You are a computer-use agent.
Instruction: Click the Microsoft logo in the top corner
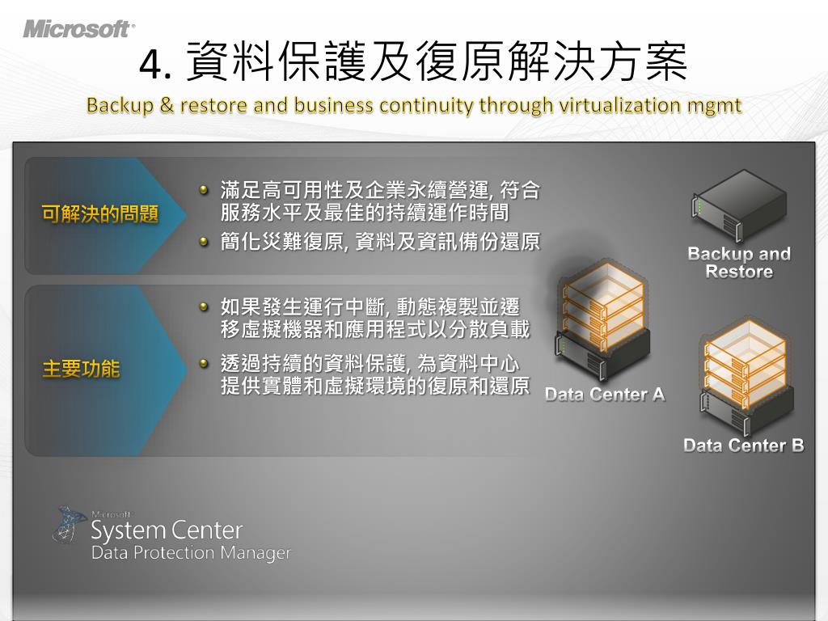(x=78, y=29)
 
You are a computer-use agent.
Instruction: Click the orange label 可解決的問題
(x=99, y=215)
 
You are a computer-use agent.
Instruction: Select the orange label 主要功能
(x=81, y=370)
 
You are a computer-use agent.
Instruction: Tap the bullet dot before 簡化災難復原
(x=205, y=241)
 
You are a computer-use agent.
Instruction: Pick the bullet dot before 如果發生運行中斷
(x=205, y=306)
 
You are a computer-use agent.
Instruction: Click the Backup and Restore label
(x=738, y=263)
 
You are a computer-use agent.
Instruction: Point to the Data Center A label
(x=605, y=395)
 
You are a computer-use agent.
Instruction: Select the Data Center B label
(x=743, y=446)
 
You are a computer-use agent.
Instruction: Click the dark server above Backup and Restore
(x=739, y=209)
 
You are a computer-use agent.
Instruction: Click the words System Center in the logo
(x=167, y=531)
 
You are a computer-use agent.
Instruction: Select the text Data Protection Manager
(x=191, y=554)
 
